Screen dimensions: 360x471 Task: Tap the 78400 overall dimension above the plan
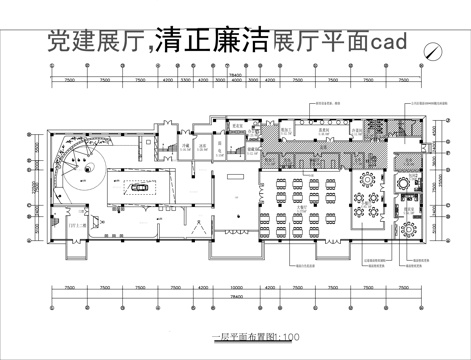[x=236, y=73]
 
